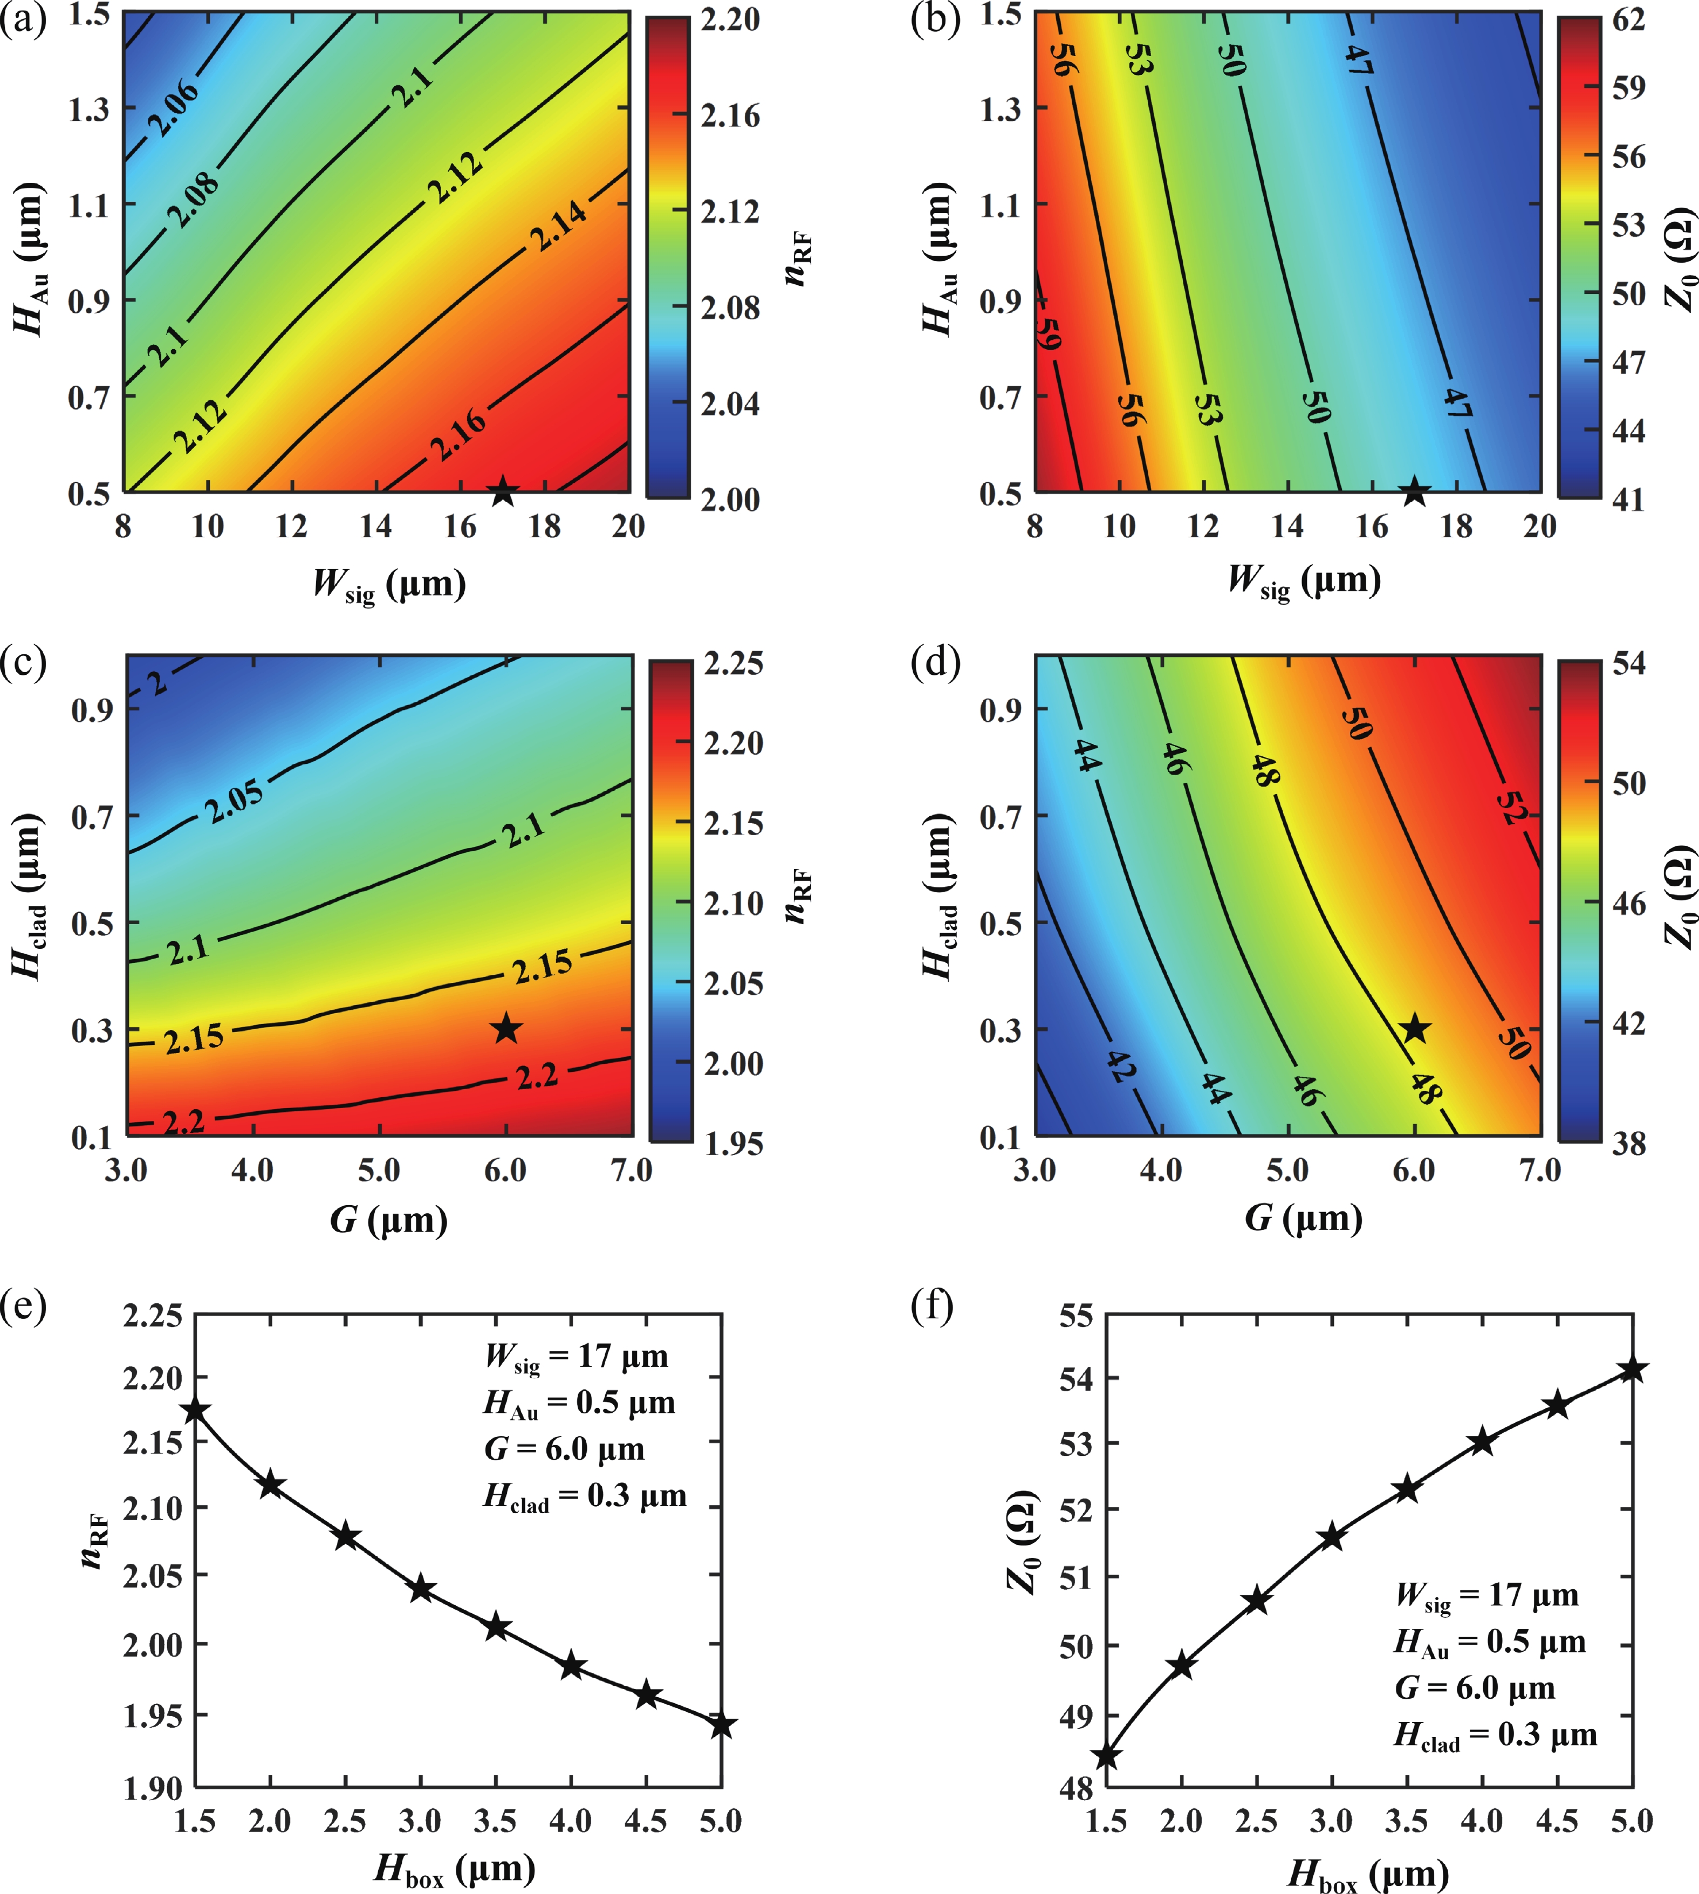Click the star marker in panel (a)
503,491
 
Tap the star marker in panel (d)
1415,1029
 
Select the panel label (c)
23,662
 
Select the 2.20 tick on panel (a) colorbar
730,19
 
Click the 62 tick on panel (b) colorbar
1629,19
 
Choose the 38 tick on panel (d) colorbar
1629,1144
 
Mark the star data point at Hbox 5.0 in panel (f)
1632,1370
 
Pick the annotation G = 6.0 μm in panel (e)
564,1449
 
